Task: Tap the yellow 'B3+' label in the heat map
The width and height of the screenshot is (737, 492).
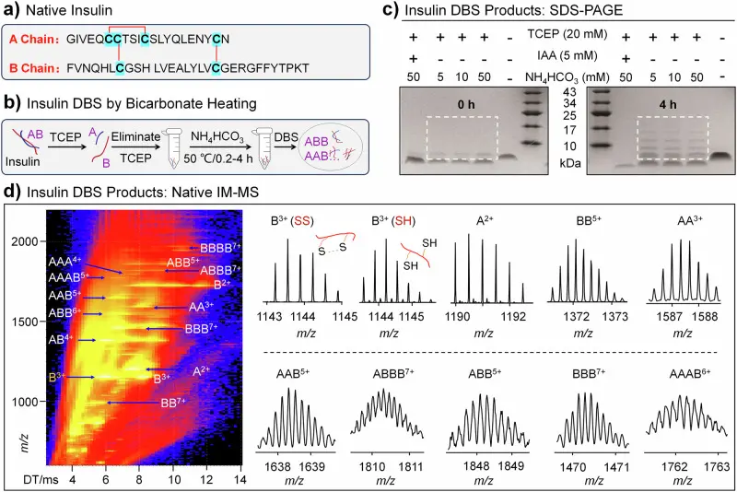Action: (58, 377)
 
